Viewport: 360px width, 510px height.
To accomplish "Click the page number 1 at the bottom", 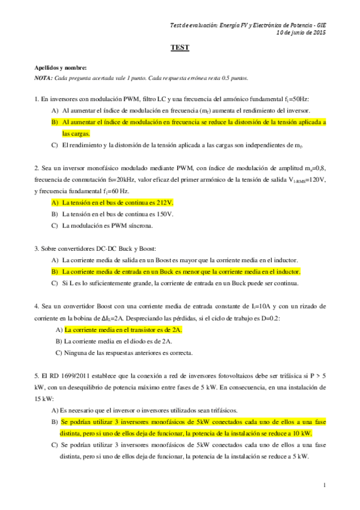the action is tap(324, 485).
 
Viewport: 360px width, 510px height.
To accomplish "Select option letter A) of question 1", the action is tap(55, 111).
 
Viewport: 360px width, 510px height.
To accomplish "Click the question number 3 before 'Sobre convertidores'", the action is tap(36, 248).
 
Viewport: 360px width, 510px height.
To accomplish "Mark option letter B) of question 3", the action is tap(55, 272).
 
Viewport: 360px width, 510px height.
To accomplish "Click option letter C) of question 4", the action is tap(58, 352).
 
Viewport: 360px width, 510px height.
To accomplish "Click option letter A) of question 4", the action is tap(58, 330).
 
